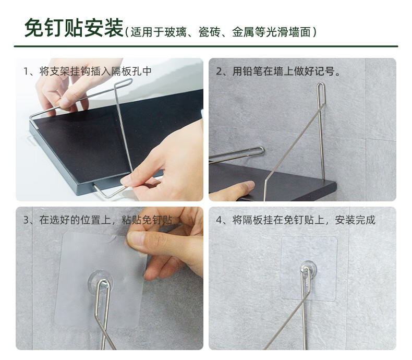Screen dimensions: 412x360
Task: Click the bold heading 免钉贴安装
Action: coord(74,28)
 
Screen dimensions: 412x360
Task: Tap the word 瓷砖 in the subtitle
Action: coord(210,32)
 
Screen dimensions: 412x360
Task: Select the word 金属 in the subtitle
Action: coord(243,32)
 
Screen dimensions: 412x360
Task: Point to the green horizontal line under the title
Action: coord(206,46)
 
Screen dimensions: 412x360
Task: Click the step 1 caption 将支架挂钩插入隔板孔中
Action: coord(95,71)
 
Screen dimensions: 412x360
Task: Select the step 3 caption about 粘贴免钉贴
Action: coord(106,220)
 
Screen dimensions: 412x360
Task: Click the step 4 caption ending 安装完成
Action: coord(304,220)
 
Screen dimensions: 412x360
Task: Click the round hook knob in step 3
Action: coord(101,281)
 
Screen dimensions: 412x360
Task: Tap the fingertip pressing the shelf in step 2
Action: coord(248,185)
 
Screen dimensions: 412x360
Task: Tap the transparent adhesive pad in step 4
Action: coord(309,269)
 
